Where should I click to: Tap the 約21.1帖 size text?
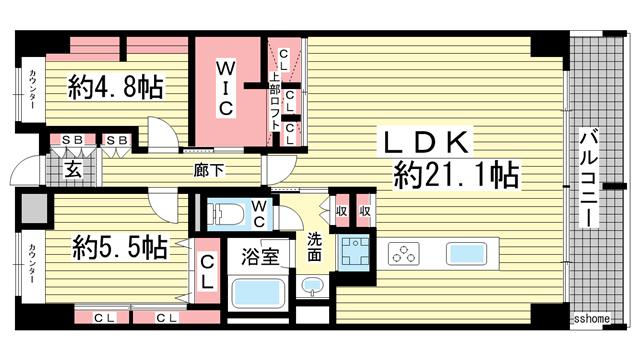click(x=455, y=177)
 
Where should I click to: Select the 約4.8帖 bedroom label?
click(x=116, y=89)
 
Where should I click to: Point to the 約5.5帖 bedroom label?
click(x=118, y=245)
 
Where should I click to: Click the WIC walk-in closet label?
click(x=227, y=88)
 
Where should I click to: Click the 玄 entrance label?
click(x=74, y=170)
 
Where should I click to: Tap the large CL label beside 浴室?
click(x=208, y=272)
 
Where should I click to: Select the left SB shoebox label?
click(x=72, y=140)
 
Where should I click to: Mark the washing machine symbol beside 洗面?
click(x=352, y=255)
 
